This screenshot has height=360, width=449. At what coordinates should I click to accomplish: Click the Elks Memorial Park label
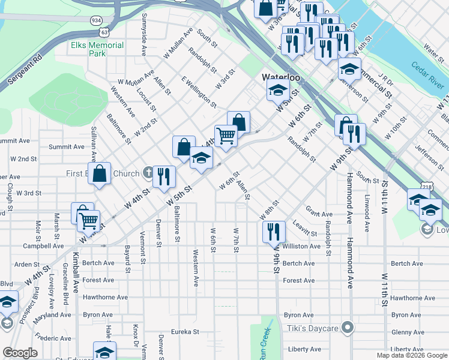click(97, 49)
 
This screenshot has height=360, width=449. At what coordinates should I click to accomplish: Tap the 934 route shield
click(96, 20)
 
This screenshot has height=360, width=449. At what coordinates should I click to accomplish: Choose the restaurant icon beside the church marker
click(164, 176)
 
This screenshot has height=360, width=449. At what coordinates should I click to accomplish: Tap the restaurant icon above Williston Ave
click(273, 230)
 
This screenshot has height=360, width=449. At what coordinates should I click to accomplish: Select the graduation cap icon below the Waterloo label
click(278, 90)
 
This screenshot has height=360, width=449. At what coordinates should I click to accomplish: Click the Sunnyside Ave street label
click(144, 41)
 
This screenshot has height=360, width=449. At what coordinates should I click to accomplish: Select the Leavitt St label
click(304, 228)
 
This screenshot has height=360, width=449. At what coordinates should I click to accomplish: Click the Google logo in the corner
click(20, 353)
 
